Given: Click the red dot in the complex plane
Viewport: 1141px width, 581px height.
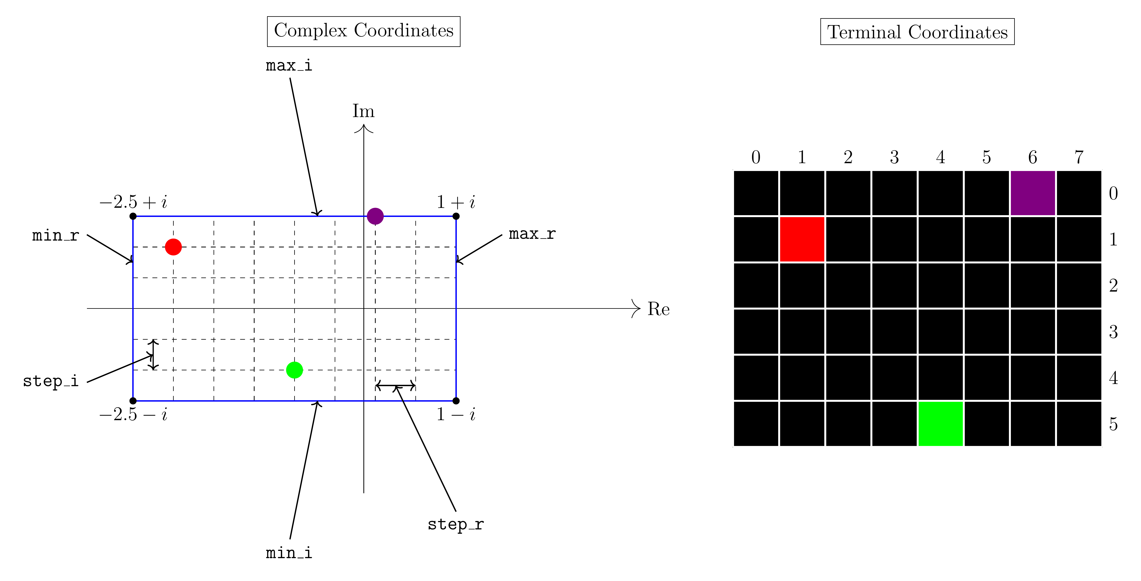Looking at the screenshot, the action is pyautogui.click(x=173, y=247).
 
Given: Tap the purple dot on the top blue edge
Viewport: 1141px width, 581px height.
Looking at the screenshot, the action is pyautogui.click(x=375, y=216).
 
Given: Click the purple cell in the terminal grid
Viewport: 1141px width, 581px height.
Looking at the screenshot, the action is pyautogui.click(x=1033, y=193).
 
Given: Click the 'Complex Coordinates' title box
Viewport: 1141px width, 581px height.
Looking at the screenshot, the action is pyautogui.click(x=364, y=31).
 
